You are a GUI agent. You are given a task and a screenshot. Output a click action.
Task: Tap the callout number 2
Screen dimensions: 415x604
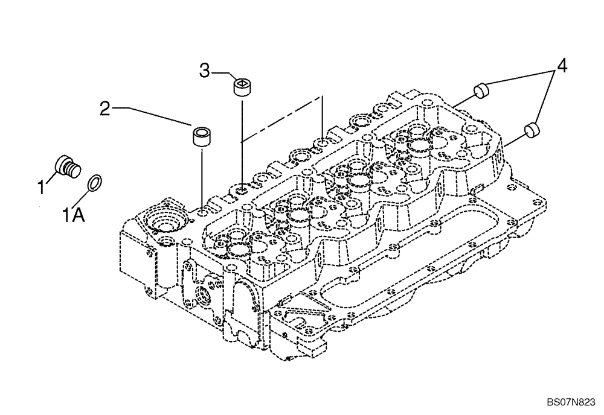[x=105, y=109]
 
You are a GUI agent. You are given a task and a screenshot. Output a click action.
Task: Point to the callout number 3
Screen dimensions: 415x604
[x=205, y=72]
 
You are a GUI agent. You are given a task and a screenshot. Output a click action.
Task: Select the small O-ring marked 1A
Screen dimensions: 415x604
[x=95, y=182]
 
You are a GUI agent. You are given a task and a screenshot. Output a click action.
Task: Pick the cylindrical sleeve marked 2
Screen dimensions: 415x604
[x=201, y=135]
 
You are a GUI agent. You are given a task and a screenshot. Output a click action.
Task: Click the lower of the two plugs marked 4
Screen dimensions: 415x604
[x=532, y=128]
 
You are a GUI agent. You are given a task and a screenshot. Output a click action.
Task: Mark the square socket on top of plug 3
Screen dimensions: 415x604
[x=242, y=83]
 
